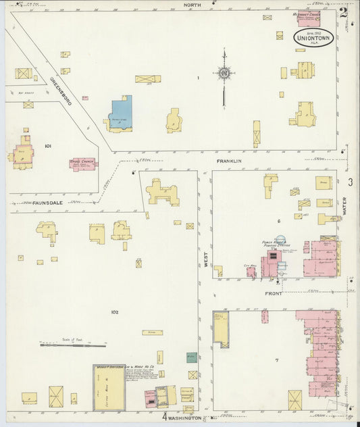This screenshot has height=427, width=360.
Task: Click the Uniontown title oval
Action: tap(313, 36)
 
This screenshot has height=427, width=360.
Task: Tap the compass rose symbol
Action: tap(224, 73)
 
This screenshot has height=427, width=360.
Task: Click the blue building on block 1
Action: tap(121, 112)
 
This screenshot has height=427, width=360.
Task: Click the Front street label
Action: tap(274, 295)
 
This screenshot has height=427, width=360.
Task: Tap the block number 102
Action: tap(114, 312)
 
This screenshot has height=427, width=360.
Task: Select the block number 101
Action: tap(48, 145)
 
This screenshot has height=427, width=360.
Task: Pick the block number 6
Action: tap(278, 221)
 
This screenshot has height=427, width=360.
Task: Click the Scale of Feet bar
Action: tap(66, 345)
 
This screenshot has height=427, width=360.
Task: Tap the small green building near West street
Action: tap(192, 357)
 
